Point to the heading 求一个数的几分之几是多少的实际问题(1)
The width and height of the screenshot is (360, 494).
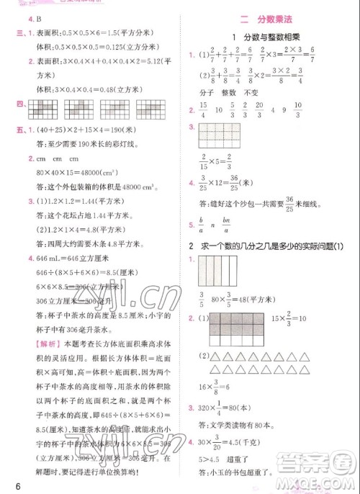click(276, 247)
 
